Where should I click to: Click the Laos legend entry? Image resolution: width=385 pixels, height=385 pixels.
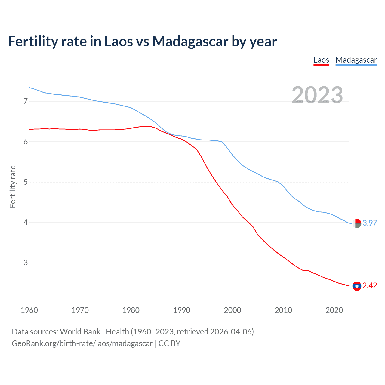tap(321, 60)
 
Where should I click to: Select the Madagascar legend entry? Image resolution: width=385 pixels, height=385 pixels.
tap(356, 60)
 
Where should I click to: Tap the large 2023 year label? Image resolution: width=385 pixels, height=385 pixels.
tap(317, 95)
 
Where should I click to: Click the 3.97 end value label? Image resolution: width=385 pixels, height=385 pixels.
tap(370, 223)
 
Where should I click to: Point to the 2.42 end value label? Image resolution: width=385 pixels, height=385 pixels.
tap(370, 285)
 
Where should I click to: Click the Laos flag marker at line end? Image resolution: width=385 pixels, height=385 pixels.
tap(357, 286)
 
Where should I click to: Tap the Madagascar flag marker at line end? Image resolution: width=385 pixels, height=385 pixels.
tap(357, 223)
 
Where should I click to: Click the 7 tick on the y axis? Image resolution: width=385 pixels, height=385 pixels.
tap(26, 101)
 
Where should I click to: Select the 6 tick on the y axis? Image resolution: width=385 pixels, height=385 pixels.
tap(26, 142)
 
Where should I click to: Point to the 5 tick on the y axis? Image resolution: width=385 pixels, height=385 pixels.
tap(26, 182)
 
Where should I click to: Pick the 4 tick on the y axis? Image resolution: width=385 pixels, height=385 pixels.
tap(26, 223)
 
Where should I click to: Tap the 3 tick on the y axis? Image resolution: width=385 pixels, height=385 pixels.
tap(26, 263)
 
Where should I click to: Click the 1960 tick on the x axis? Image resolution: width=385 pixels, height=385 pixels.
tap(29, 310)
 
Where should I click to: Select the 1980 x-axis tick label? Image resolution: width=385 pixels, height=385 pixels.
tap(131, 310)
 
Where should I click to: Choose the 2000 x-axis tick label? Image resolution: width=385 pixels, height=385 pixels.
tap(233, 310)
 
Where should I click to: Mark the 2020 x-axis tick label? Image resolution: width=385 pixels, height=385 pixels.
tap(334, 310)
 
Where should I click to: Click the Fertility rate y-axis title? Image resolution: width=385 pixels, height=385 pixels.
tap(13, 186)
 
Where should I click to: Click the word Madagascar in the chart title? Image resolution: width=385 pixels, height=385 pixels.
tap(190, 41)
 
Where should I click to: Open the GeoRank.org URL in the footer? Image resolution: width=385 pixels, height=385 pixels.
tap(82, 343)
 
